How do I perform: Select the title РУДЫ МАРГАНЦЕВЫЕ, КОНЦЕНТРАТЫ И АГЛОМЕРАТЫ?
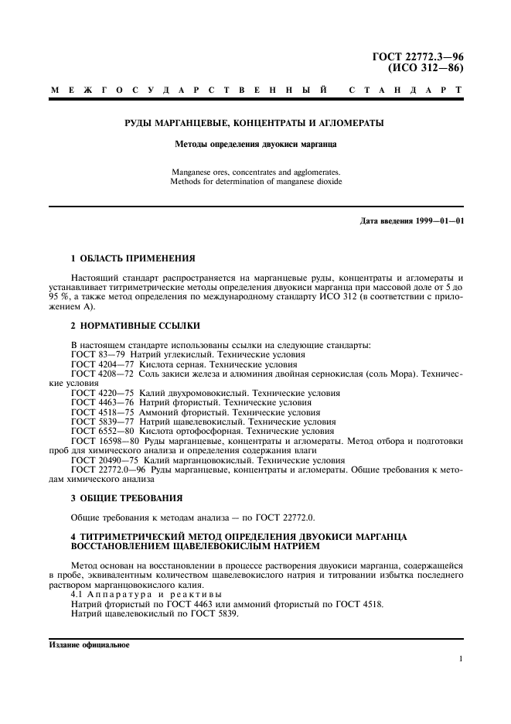255,123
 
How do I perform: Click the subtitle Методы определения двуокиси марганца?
255,144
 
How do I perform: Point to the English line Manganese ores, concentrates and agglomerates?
255,172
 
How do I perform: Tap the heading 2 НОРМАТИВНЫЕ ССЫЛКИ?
124,326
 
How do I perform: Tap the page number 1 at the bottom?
460,659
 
